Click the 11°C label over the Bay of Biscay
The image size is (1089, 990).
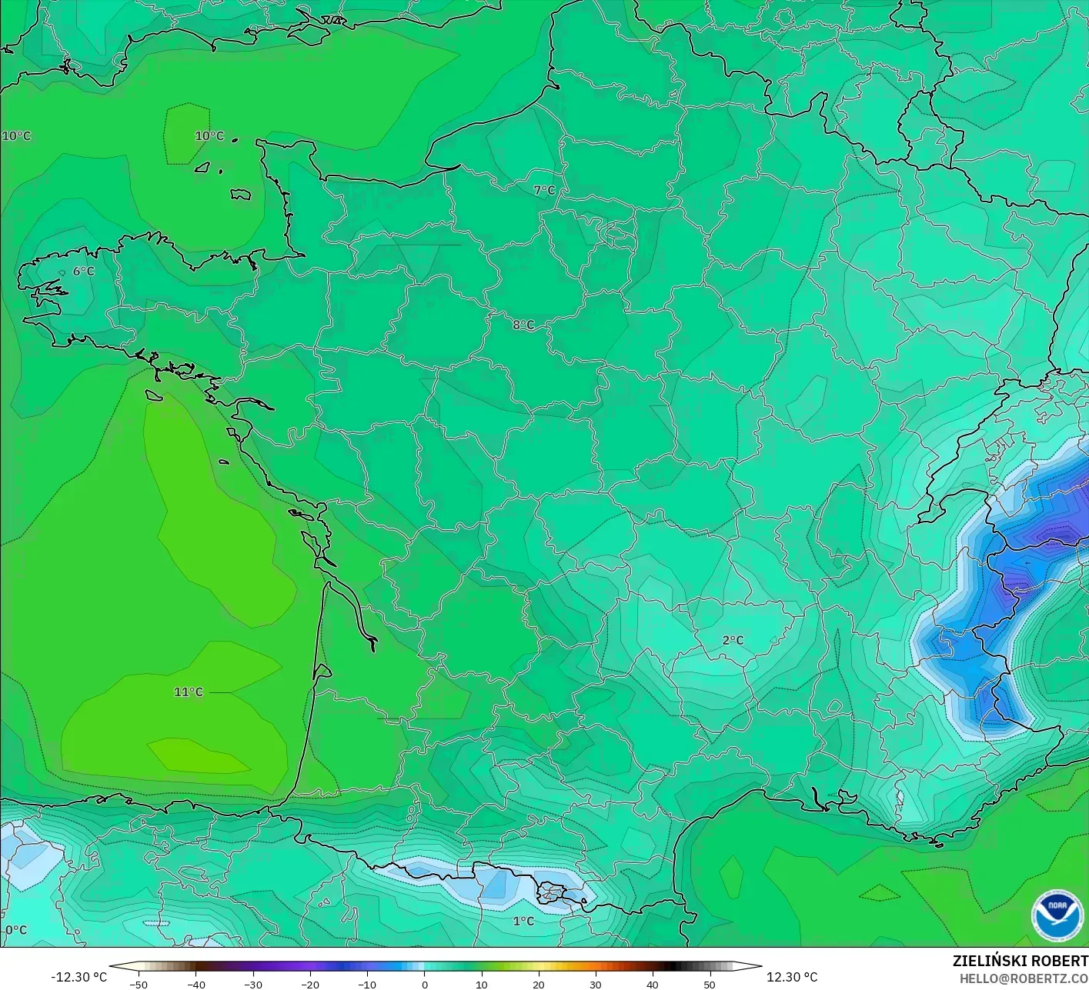tap(189, 692)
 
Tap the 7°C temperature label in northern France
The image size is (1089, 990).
tap(544, 190)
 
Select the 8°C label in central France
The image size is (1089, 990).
tap(523, 325)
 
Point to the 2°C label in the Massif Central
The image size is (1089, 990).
tap(733, 640)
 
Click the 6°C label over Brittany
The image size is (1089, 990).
tap(83, 272)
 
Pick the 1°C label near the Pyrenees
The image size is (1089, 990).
tap(523, 921)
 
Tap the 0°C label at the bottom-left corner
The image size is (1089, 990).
tap(15, 930)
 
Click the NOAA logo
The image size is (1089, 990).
tap(1057, 915)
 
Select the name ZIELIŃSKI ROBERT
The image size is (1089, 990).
tap(1020, 961)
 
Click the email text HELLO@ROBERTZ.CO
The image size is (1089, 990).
tap(1024, 978)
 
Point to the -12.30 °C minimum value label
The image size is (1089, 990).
tap(79, 977)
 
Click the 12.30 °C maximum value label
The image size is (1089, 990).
tap(792, 977)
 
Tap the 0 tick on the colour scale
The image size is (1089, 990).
tap(424, 984)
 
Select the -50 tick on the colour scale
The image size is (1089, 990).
tap(139, 984)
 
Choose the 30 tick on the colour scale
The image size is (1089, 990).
tap(595, 984)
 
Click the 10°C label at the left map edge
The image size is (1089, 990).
tap(16, 136)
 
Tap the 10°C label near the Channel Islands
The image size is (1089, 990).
tap(209, 136)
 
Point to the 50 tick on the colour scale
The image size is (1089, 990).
tap(709, 984)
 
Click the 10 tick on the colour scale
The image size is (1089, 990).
tap(481, 984)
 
